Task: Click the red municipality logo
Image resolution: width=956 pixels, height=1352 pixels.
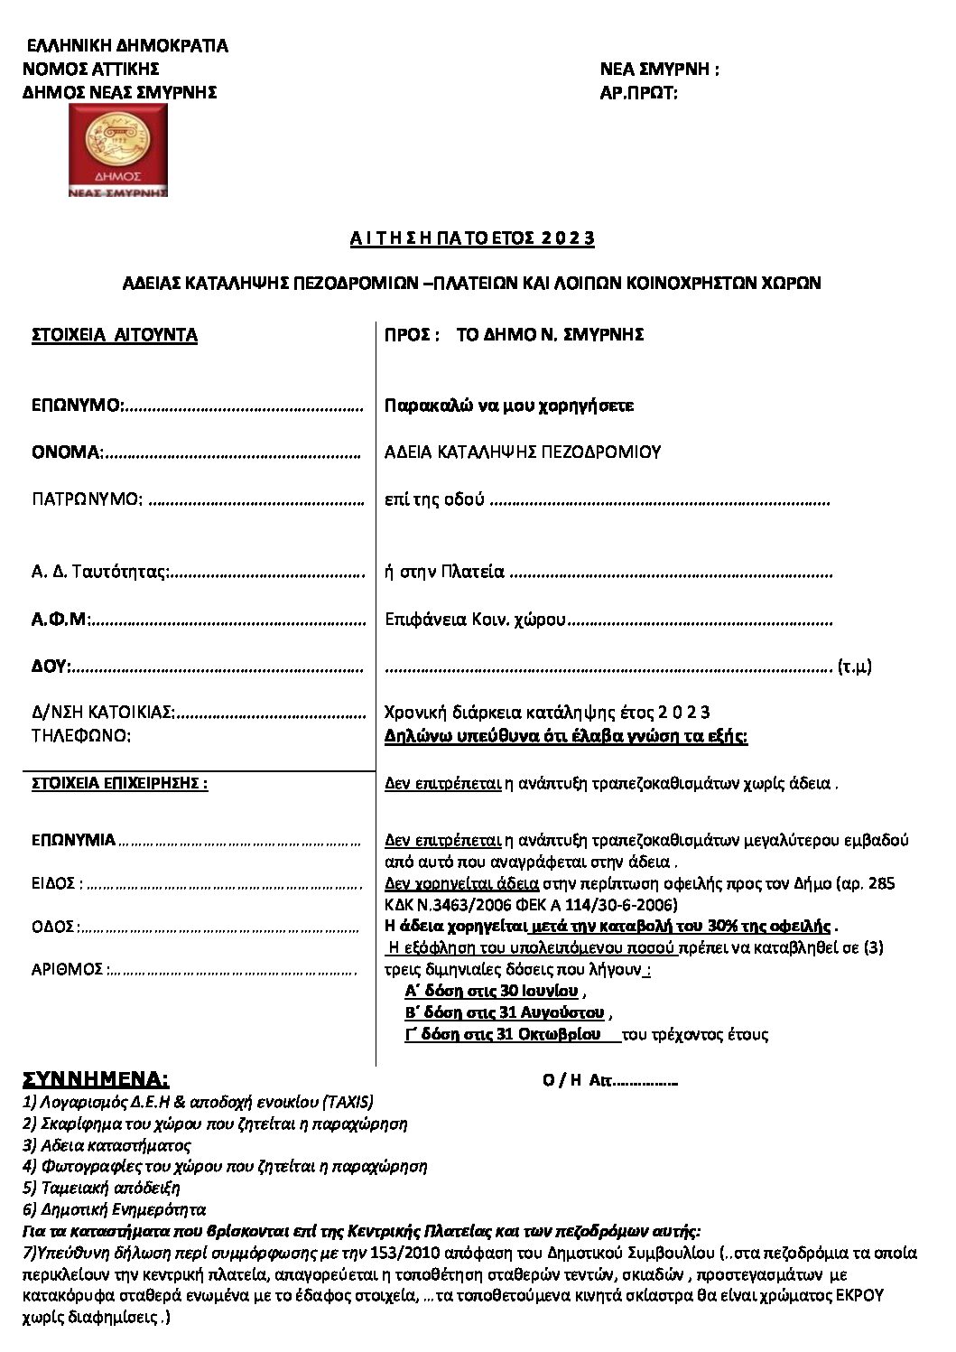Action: coord(119,150)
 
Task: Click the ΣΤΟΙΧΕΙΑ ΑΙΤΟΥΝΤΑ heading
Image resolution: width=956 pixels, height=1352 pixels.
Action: coord(115,335)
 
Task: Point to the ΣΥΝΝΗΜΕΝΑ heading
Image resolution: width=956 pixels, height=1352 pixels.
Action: coord(96,1079)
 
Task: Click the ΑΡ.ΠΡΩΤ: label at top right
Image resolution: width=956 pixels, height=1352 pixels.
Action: coord(638,92)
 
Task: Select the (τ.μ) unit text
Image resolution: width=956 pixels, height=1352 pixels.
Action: coord(854,667)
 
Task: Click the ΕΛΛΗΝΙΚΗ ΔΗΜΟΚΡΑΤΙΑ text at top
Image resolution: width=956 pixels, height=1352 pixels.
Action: coord(127,46)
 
